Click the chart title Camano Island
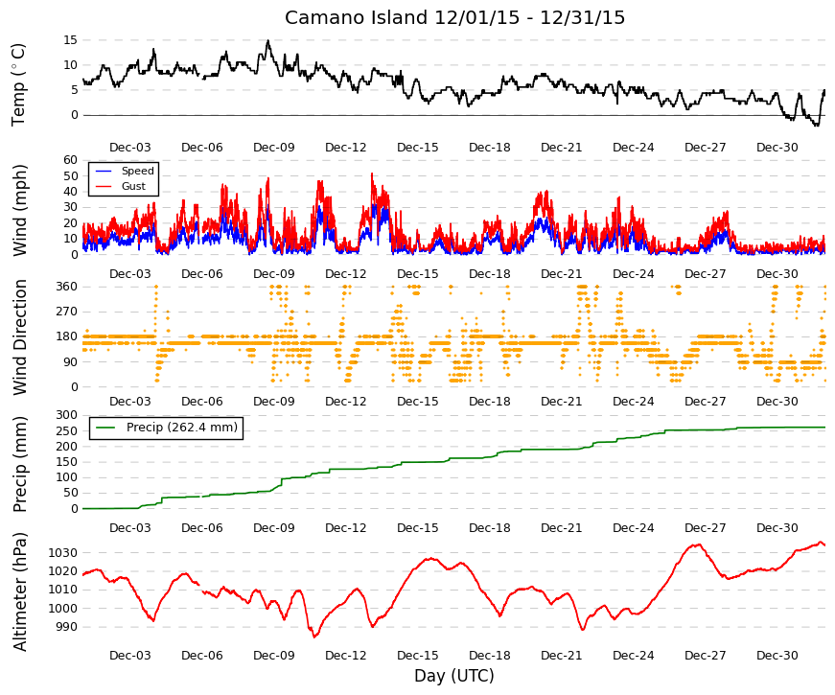coord(356,17)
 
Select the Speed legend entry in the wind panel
coord(137,171)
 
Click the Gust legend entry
coord(133,186)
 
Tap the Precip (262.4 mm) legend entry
coord(181,428)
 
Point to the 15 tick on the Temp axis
coord(70,40)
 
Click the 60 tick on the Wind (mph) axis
coord(70,160)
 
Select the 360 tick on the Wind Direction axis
coord(67,287)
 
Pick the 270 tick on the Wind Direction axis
coord(67,312)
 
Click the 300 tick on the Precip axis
coord(67,415)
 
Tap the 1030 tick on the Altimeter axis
coord(63,553)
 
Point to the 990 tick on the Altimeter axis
coord(66,627)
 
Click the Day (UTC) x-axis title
coord(454,676)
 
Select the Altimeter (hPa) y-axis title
coord(19,591)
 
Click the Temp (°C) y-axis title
coord(18,84)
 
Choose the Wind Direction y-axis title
coord(19,337)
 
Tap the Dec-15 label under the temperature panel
coord(418,148)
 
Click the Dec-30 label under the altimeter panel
coord(777,656)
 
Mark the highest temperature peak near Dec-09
coord(267,40)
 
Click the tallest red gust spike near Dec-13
coord(372,174)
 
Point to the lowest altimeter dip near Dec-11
coord(314,637)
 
